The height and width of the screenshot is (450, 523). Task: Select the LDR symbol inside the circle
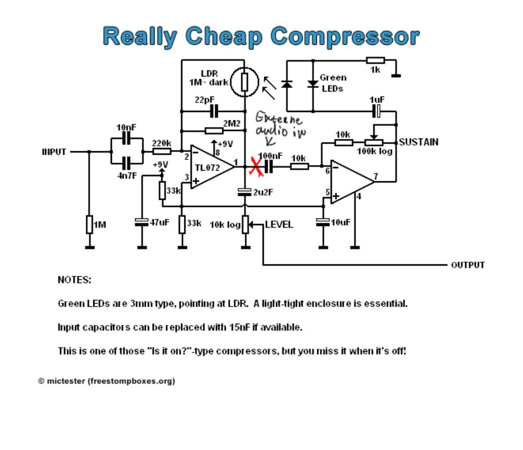pos(245,82)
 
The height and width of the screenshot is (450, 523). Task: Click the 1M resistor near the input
pos(89,224)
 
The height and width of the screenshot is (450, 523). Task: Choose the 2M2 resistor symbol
pos(214,130)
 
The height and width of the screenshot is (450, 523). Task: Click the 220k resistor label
pos(162,143)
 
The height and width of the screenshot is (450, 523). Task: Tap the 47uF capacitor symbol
pos(142,222)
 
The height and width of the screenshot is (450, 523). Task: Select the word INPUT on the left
pos(54,152)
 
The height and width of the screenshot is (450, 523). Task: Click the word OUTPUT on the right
pos(468,265)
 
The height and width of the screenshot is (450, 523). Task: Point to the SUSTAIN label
pos(418,142)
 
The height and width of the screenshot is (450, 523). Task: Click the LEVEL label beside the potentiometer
pos(279,224)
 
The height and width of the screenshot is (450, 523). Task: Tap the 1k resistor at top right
pos(375,60)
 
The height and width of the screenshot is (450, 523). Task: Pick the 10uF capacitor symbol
pos(322,222)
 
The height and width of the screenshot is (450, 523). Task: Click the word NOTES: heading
pos(74,280)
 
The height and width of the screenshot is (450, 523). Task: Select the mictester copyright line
pos(107,381)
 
